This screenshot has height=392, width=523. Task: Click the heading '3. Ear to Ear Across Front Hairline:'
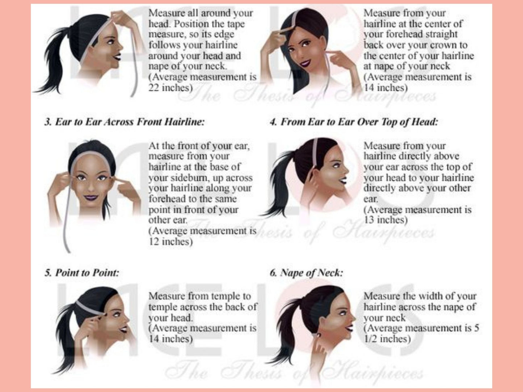click(124, 122)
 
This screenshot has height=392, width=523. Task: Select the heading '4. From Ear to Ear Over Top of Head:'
click(354, 122)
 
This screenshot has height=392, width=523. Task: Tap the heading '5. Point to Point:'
click(82, 273)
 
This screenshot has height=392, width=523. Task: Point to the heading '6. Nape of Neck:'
click(306, 273)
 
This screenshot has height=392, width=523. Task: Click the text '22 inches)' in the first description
click(170, 88)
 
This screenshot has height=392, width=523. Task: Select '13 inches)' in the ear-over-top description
click(385, 220)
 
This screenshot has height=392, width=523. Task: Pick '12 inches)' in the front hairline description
click(170, 241)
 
